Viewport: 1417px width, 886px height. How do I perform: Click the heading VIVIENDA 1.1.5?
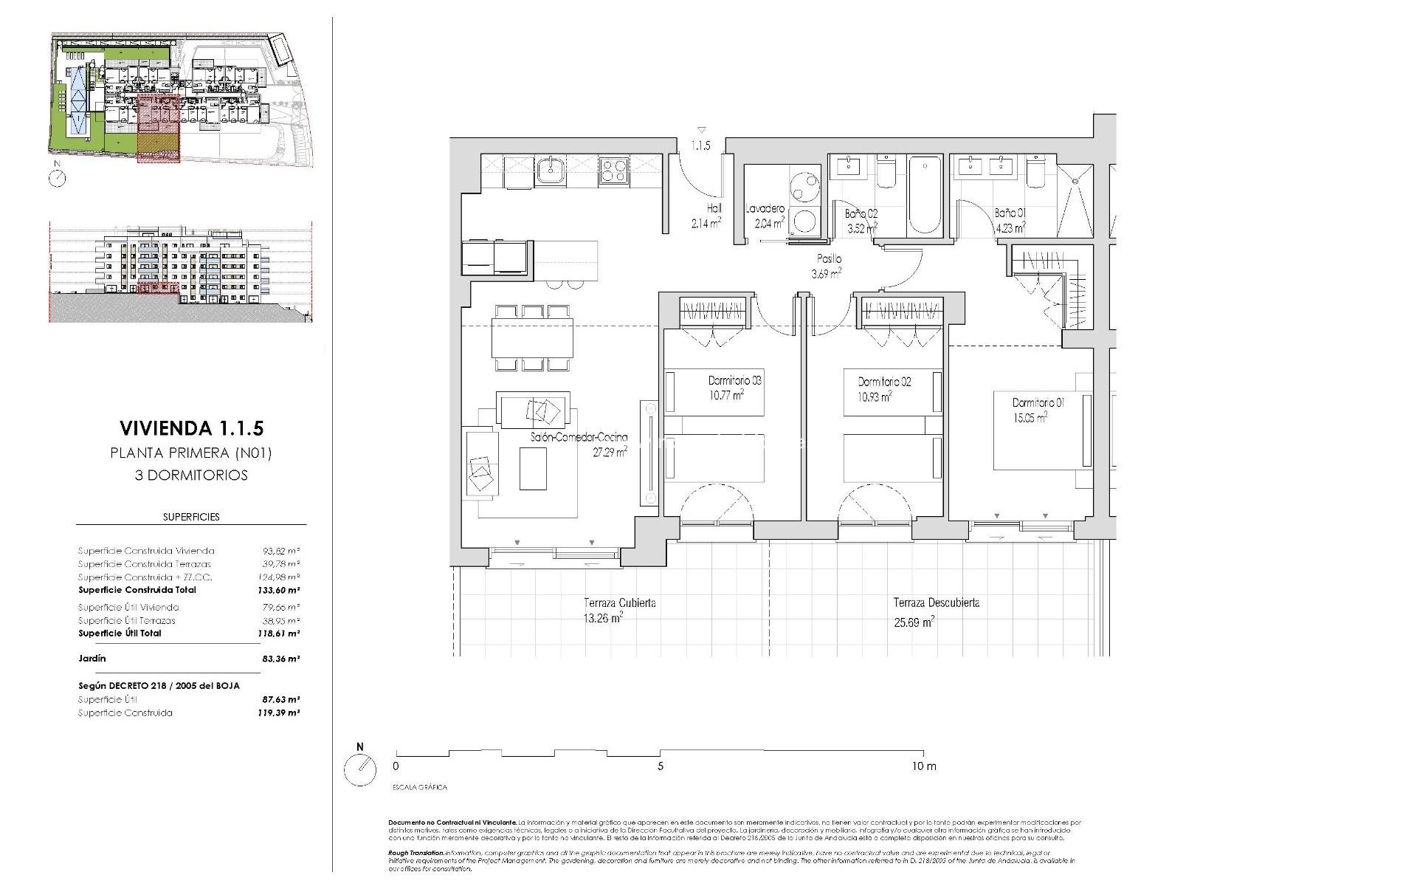click(x=191, y=428)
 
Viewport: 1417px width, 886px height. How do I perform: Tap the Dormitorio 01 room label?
click(x=1038, y=403)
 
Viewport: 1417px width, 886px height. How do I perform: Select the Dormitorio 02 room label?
click(x=884, y=382)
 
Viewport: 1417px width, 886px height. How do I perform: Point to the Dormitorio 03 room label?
click(x=734, y=381)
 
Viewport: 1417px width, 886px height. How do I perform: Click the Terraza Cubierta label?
click(x=619, y=603)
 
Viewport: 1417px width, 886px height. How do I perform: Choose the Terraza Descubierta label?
click(x=936, y=603)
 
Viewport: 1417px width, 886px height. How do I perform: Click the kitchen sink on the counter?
click(x=550, y=171)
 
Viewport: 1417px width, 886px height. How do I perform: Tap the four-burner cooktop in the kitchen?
click(x=613, y=171)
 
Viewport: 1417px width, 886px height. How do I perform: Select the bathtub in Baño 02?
click(x=924, y=194)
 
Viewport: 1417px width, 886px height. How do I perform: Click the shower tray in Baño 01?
click(x=1074, y=196)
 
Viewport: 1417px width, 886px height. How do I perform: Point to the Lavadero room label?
click(x=765, y=210)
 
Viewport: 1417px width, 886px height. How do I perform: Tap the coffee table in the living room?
click(x=533, y=469)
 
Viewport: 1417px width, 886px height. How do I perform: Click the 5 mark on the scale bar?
click(x=660, y=766)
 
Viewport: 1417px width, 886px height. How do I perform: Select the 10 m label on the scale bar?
click(x=923, y=766)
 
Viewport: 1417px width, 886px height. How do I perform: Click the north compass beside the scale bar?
click(x=359, y=770)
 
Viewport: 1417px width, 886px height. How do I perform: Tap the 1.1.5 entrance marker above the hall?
click(x=700, y=145)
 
